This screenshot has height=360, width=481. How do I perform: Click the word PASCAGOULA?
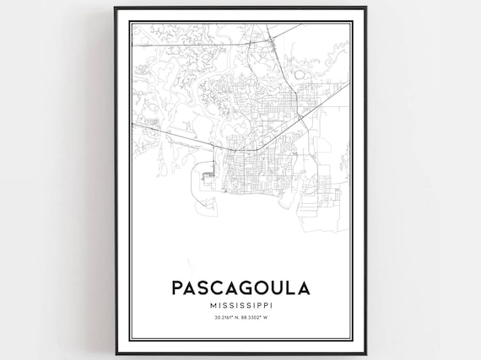(240, 287)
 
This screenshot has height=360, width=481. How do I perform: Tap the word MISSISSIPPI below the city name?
(240, 304)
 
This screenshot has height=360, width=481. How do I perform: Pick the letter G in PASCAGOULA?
(241, 287)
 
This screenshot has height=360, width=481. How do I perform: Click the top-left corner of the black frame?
(116, 8)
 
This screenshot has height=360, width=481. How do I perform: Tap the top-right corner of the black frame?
(365, 8)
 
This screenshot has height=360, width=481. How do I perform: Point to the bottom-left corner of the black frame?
(116, 353)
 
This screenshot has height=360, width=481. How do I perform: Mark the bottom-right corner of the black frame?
(365, 353)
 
